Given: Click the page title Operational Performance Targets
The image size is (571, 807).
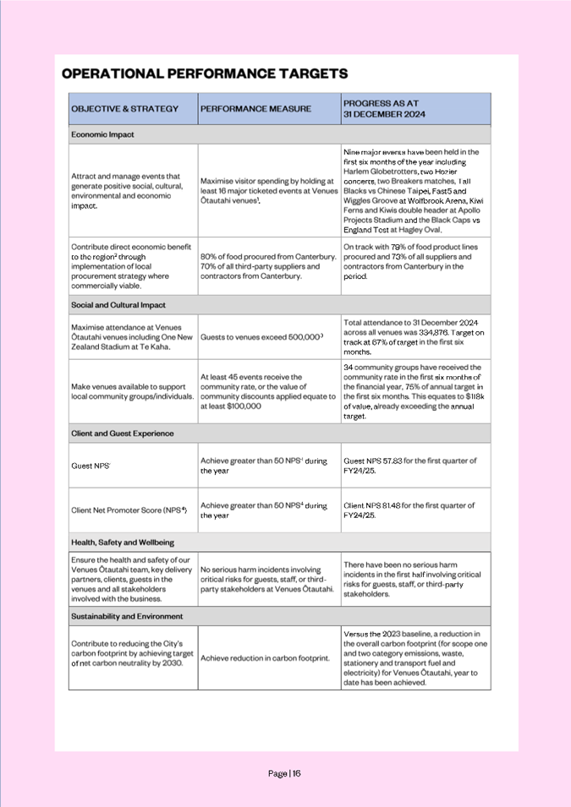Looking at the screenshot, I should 205,74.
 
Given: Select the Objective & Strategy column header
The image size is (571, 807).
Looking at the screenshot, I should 125,109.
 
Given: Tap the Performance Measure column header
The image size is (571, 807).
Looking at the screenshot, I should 255,109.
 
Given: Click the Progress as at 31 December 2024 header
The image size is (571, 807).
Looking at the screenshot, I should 385,108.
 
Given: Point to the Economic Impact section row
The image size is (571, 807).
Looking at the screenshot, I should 102,134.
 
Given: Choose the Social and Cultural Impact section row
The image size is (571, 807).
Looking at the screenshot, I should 118,305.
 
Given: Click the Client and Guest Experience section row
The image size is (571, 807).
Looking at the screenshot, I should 123,433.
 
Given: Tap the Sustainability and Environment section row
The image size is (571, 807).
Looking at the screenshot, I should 127,616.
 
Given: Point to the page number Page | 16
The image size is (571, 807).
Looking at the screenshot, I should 284,773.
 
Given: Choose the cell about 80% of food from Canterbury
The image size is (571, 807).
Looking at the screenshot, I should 268,266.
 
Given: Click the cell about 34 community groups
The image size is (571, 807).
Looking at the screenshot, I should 415,391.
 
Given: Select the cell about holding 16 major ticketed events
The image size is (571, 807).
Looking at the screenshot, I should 268,189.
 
